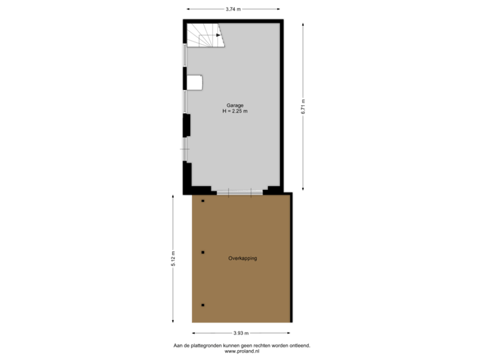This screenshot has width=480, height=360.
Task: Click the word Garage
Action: click(x=235, y=105)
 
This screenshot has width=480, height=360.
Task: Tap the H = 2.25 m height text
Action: click(x=235, y=111)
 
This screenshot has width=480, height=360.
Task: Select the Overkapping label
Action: click(x=243, y=258)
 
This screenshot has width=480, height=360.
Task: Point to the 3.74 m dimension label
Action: click(x=233, y=9)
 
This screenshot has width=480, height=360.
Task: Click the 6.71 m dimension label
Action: click(x=303, y=107)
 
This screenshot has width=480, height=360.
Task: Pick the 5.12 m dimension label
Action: click(x=174, y=258)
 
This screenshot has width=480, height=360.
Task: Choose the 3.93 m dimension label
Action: click(x=241, y=333)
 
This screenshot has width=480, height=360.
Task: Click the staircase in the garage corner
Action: click(x=205, y=36)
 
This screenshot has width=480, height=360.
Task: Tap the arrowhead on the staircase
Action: click(x=219, y=35)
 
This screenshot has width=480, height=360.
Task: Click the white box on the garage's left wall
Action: click(x=194, y=82)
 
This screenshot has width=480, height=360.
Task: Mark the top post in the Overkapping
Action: click(x=203, y=200)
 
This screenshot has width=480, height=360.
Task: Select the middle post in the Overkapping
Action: click(x=203, y=252)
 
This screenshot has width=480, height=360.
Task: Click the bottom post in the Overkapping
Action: click(x=203, y=305)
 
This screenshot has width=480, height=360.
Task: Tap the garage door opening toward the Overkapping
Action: click(x=238, y=192)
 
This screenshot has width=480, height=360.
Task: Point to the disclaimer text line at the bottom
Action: click(x=241, y=345)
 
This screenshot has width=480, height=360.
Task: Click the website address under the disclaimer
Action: click(x=241, y=351)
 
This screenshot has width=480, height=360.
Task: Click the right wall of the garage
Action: click(x=283, y=107)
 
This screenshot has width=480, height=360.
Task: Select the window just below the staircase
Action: click(x=185, y=55)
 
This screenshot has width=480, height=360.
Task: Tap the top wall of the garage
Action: click(x=233, y=21)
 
